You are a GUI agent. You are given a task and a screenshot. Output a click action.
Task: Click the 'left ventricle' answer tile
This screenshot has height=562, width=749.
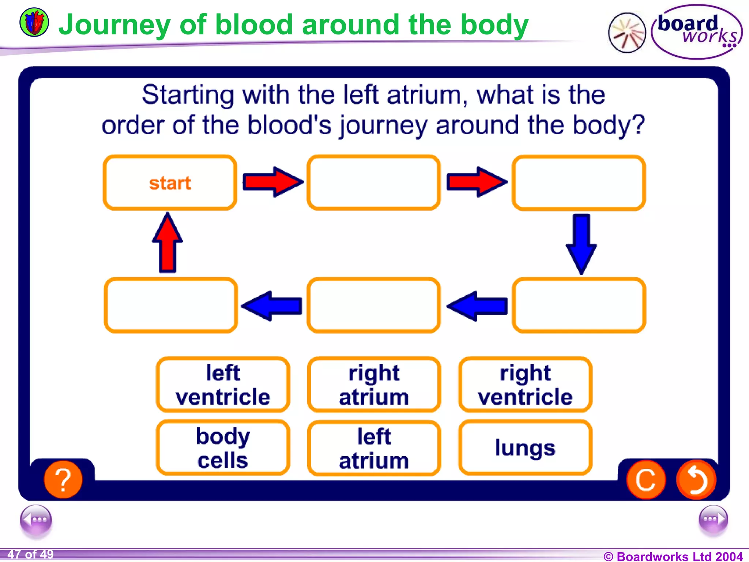pyautogui.click(x=223, y=385)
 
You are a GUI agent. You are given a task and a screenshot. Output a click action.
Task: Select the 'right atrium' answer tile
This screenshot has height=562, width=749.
pyautogui.click(x=374, y=385)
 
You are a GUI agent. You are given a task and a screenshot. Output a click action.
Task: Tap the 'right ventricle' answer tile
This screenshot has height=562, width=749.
pyautogui.click(x=525, y=385)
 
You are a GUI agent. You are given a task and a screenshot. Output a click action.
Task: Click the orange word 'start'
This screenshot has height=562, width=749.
pyautogui.click(x=170, y=183)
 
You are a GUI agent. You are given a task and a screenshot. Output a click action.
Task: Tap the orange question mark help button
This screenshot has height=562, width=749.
pyautogui.click(x=63, y=480)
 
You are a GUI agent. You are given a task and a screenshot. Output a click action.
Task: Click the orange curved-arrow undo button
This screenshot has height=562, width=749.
pyautogui.click(x=696, y=480)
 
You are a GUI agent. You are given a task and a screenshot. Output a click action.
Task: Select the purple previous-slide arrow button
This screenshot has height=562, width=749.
pyautogui.click(x=36, y=520)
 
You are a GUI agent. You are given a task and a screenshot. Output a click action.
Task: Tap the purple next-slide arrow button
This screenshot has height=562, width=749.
pyautogui.click(x=713, y=520)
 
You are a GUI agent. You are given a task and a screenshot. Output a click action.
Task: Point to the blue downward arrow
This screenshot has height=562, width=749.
pyautogui.click(x=581, y=244)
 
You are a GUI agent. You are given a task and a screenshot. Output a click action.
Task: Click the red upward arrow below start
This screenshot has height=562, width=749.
pyautogui.click(x=168, y=243)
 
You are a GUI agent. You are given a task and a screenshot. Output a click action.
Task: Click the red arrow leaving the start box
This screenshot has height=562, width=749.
pyautogui.click(x=272, y=182)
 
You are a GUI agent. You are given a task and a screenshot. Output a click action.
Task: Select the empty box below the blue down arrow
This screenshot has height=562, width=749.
pyautogui.click(x=579, y=305)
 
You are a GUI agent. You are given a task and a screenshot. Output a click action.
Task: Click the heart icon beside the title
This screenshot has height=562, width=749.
pyautogui.click(x=34, y=23)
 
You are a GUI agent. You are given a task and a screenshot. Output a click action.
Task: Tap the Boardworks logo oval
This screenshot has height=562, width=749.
pyautogui.click(x=697, y=32)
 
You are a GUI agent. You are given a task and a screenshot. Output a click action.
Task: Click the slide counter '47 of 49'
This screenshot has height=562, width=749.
pyautogui.click(x=31, y=554)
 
